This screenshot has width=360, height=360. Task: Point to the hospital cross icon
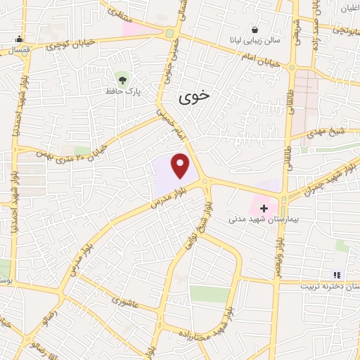coord(264,208)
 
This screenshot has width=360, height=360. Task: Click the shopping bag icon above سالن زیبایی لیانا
coord(254,30)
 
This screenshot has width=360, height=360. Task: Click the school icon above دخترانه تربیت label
coord(336,274)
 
